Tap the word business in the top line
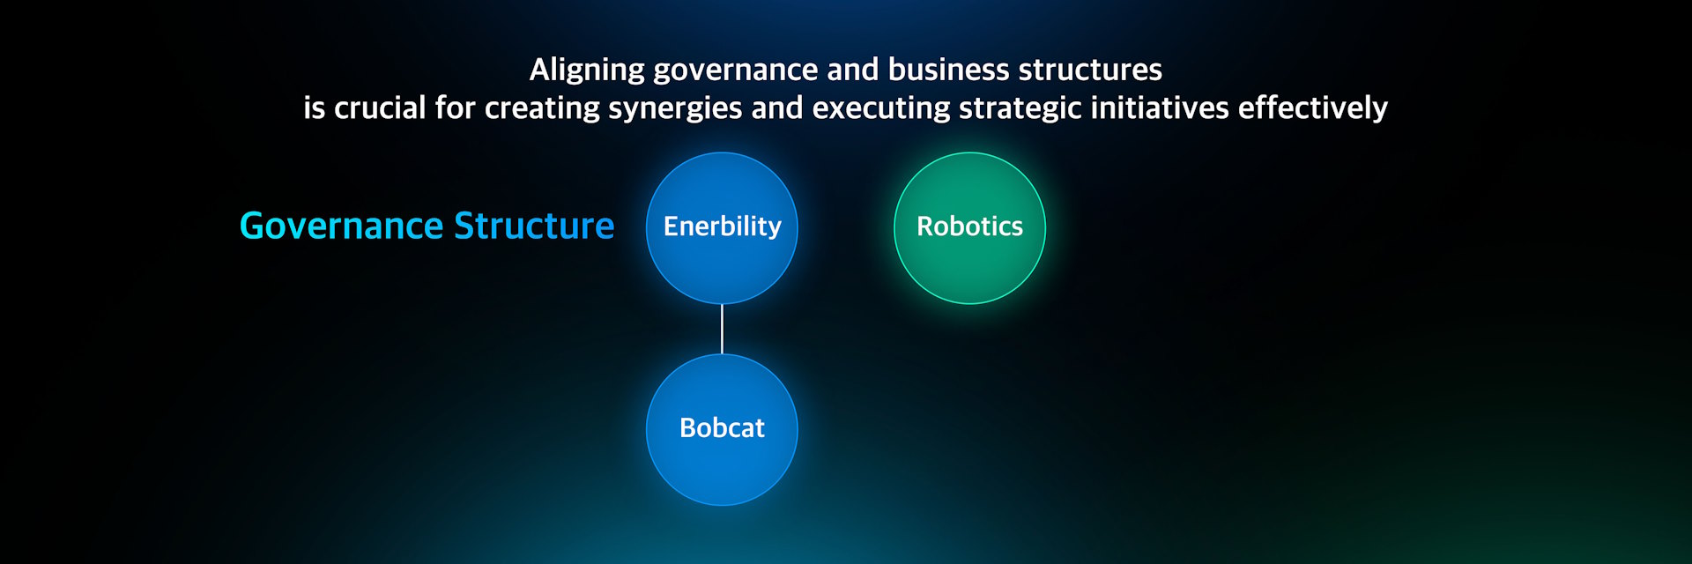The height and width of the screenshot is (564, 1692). click(x=948, y=70)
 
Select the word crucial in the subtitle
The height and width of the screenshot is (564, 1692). click(x=380, y=108)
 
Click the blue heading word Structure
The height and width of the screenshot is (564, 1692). click(x=534, y=226)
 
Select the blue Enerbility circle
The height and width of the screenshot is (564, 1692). click(x=722, y=228)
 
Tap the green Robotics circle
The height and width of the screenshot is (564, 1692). click(x=969, y=228)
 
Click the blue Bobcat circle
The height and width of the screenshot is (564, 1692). click(x=722, y=430)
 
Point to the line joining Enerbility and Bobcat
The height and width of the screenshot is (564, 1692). click(x=722, y=330)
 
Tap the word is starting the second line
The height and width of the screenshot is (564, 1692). click(x=314, y=108)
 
